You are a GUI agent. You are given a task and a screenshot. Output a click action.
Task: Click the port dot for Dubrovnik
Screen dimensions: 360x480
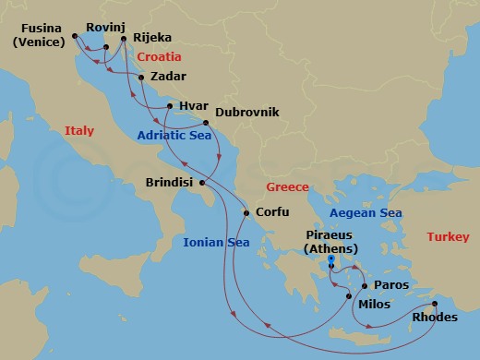click(206, 122)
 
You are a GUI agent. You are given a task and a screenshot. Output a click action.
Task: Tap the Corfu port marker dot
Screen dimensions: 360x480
click(246, 213)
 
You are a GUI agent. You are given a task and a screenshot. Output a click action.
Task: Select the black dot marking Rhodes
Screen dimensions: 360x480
click(435, 304)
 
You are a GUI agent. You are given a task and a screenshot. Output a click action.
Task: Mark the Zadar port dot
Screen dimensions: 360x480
click(140, 78)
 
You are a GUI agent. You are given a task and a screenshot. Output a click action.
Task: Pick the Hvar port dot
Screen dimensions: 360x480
click(170, 106)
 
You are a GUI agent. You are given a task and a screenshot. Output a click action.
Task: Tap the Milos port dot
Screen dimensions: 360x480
click(348, 295)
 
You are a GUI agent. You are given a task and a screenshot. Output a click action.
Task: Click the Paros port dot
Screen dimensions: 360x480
click(365, 286)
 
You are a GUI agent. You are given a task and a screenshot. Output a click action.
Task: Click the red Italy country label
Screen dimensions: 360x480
click(79, 132)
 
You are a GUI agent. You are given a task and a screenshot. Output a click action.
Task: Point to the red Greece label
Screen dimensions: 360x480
click(287, 186)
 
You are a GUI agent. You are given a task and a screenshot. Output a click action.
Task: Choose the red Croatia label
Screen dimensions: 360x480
click(160, 57)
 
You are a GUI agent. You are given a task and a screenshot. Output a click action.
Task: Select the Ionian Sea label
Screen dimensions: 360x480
click(217, 243)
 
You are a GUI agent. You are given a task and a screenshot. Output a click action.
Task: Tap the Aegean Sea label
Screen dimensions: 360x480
click(366, 213)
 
